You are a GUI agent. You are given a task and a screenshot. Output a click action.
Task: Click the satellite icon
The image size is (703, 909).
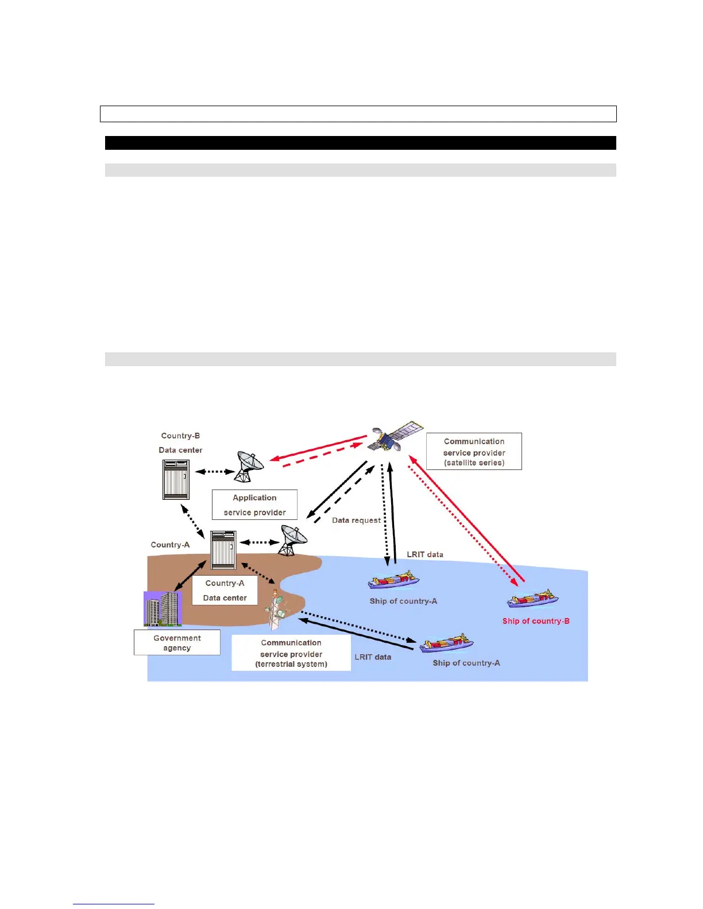click(x=395, y=436)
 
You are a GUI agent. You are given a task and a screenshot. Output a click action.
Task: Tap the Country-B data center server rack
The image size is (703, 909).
click(x=176, y=480)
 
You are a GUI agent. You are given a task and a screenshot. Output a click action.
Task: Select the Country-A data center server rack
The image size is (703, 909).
click(x=223, y=550)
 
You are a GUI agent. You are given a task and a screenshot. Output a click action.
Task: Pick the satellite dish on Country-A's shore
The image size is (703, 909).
click(x=292, y=541)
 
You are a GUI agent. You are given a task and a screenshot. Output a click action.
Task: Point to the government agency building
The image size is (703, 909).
click(x=163, y=609)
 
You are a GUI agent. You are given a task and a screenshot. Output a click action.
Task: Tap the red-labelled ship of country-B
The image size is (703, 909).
click(x=532, y=600)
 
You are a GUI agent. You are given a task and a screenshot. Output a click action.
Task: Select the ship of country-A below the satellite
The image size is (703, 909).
click(x=393, y=580)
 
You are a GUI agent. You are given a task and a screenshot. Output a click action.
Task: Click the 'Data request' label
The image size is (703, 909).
click(x=356, y=520)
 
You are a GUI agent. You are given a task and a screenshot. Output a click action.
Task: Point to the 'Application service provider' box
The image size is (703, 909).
click(x=254, y=505)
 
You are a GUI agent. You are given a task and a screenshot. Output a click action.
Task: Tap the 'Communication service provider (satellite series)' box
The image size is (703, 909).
click(x=474, y=452)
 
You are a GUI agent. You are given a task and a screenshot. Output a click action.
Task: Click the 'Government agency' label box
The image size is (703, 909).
click(x=177, y=643)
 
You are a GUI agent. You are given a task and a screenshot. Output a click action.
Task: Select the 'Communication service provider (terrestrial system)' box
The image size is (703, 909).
click(x=291, y=653)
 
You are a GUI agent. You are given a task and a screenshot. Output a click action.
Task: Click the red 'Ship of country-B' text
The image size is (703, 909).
click(x=536, y=621)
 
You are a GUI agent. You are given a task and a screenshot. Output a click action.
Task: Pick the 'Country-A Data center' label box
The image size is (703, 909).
click(x=225, y=591)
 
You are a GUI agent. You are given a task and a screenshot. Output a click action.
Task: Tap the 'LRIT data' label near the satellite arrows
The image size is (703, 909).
click(x=425, y=554)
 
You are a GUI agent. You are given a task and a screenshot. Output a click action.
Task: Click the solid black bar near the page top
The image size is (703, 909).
click(x=360, y=143)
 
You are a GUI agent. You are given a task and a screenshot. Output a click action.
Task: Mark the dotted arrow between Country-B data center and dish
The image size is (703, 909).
click(x=215, y=472)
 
